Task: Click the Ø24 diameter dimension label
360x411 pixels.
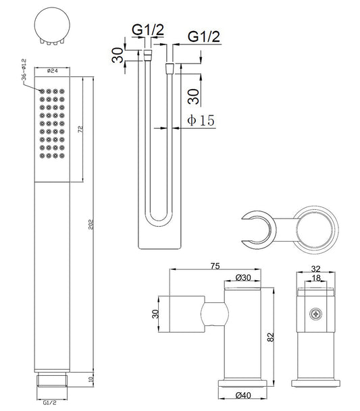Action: click(x=53, y=71)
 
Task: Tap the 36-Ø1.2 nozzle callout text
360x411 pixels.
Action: click(x=24, y=70)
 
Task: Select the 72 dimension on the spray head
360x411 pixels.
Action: click(x=80, y=129)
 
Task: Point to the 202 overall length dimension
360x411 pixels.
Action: click(x=91, y=224)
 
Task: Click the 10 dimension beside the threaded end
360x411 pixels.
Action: click(x=91, y=379)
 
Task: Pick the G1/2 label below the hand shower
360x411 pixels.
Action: click(x=50, y=402)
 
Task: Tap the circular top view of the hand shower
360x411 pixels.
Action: click(x=52, y=26)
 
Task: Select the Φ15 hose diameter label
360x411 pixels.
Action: click(x=201, y=120)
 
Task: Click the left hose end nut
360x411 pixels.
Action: click(x=148, y=55)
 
